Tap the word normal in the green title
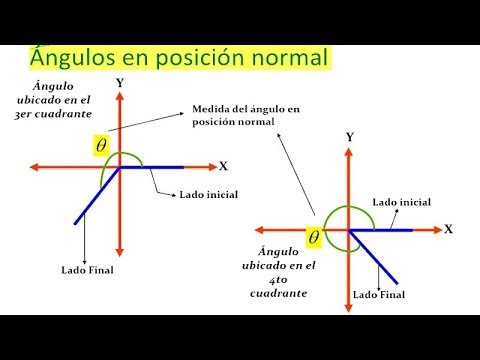[x=290, y=58]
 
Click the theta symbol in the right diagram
[x=314, y=237]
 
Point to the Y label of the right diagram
[x=349, y=135]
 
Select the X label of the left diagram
[x=223, y=165]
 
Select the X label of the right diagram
[x=449, y=229]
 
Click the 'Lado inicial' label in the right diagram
[x=401, y=202]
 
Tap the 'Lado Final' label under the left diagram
[x=88, y=270]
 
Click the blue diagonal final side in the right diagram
[x=375, y=256]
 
